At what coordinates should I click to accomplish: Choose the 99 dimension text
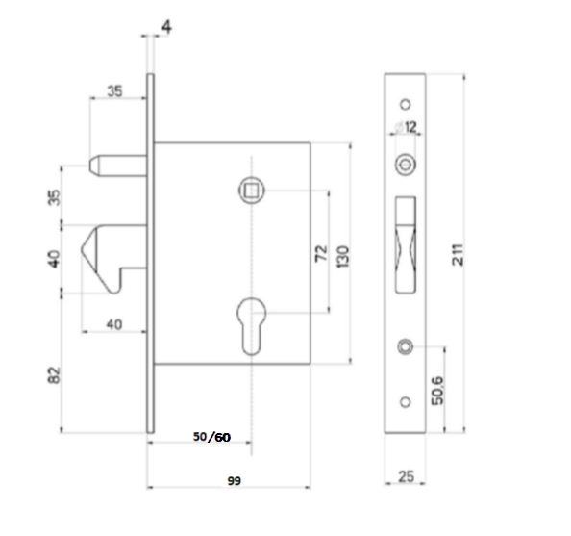(233, 478)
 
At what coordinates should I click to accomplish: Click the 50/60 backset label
(211, 436)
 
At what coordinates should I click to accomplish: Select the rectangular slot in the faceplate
(405, 244)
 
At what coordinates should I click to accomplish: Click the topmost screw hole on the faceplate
(405, 103)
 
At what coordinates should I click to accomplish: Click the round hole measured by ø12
(405, 166)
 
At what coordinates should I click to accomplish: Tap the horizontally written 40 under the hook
(114, 324)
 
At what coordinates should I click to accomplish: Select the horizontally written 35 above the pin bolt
(114, 93)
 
